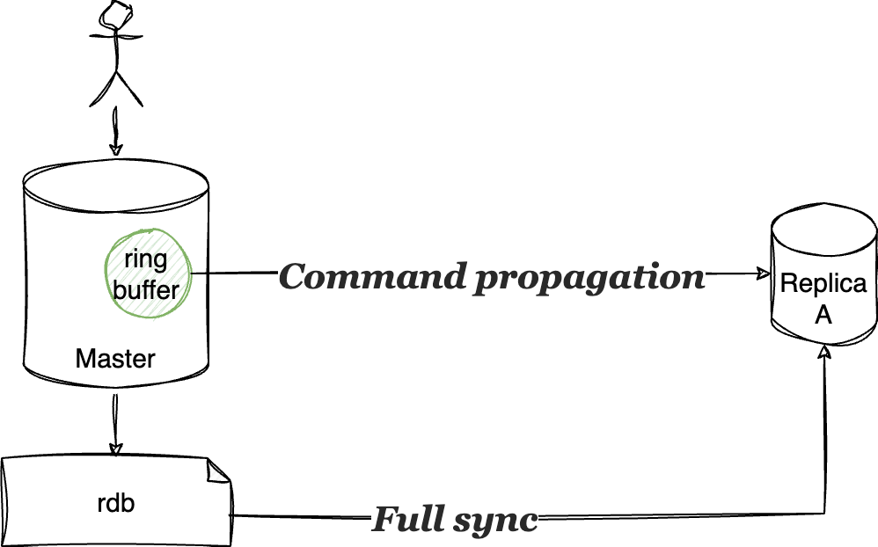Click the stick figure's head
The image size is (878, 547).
pos(116,13)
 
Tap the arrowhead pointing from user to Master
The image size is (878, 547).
pos(115,149)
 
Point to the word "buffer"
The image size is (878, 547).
pos(146,288)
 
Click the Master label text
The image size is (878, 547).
pos(115,359)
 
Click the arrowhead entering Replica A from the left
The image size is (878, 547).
pos(762,274)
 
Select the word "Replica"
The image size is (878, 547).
pos(823,284)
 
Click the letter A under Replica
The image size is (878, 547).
pos(823,315)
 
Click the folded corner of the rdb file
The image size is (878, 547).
pos(217,471)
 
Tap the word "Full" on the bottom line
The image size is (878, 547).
pos(405,520)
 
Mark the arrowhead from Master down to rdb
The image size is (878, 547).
pos(115,446)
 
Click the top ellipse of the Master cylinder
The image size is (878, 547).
pos(116,186)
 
